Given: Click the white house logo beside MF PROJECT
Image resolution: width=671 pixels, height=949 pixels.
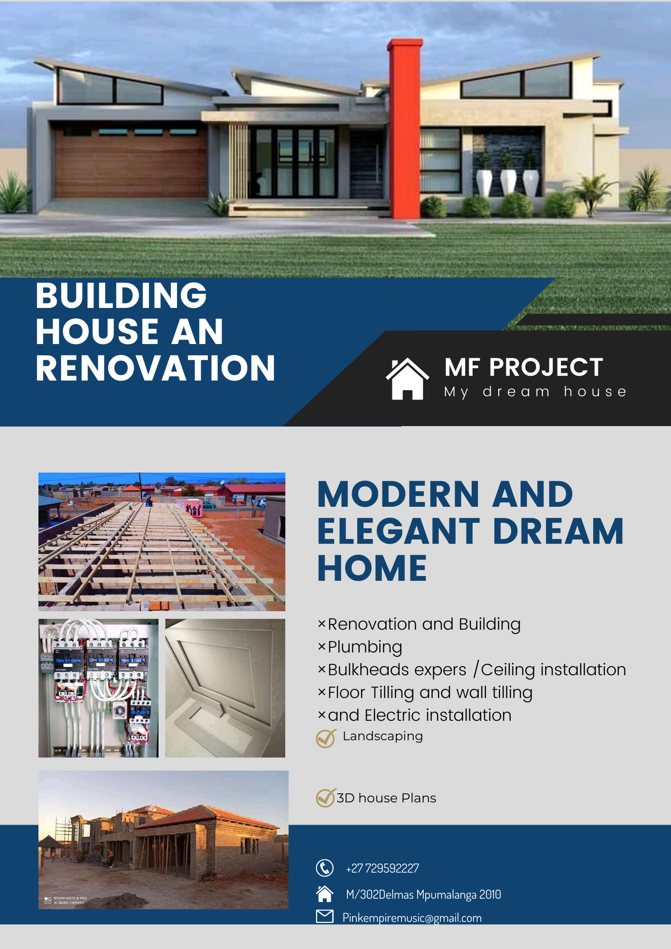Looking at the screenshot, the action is tap(407, 379).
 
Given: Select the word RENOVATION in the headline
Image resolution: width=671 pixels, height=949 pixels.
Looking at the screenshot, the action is tap(156, 368).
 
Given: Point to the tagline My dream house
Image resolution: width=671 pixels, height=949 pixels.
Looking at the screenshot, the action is tap(535, 392).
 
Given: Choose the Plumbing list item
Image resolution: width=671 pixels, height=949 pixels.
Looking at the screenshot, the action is tap(365, 647).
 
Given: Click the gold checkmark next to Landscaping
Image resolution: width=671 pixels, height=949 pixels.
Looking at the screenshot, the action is tap(326, 738).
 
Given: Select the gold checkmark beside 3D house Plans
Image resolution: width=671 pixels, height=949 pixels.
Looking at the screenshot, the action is tap(326, 798).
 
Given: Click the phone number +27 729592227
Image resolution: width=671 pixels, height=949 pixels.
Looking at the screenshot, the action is tap(382, 868).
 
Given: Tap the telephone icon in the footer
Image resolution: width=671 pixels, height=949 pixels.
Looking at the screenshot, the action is tap(325, 868).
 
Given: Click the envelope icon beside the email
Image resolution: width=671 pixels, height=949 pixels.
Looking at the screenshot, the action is tap(325, 916).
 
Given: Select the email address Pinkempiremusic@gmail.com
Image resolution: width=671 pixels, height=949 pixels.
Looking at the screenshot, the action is tap(412, 918).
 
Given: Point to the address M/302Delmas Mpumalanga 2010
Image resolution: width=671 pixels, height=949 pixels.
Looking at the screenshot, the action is tap(423, 894).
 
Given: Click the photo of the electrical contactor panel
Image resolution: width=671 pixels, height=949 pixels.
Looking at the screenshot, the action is tap(98, 688).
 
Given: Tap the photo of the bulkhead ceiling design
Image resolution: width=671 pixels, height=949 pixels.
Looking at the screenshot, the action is tap(225, 688).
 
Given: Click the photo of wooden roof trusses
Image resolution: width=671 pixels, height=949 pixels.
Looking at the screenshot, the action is tap(162, 541).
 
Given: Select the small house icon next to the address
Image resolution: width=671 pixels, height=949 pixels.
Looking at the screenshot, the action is tap(325, 893).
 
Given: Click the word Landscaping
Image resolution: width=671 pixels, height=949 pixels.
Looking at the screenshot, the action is tap(382, 736).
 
